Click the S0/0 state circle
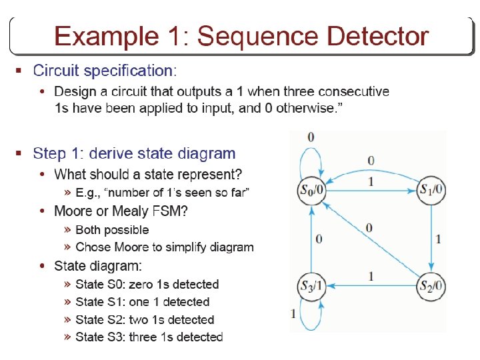tap(311, 190)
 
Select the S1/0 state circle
tap(431, 190)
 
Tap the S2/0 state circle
tap(431, 286)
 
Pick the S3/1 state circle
tap(311, 286)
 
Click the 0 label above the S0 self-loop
tap(311, 137)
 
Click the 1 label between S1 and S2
tap(438, 238)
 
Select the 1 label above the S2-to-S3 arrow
tap(371, 275)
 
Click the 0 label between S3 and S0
tap(319, 239)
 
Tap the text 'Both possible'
tap(112, 229)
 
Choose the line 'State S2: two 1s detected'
tap(145, 319)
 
